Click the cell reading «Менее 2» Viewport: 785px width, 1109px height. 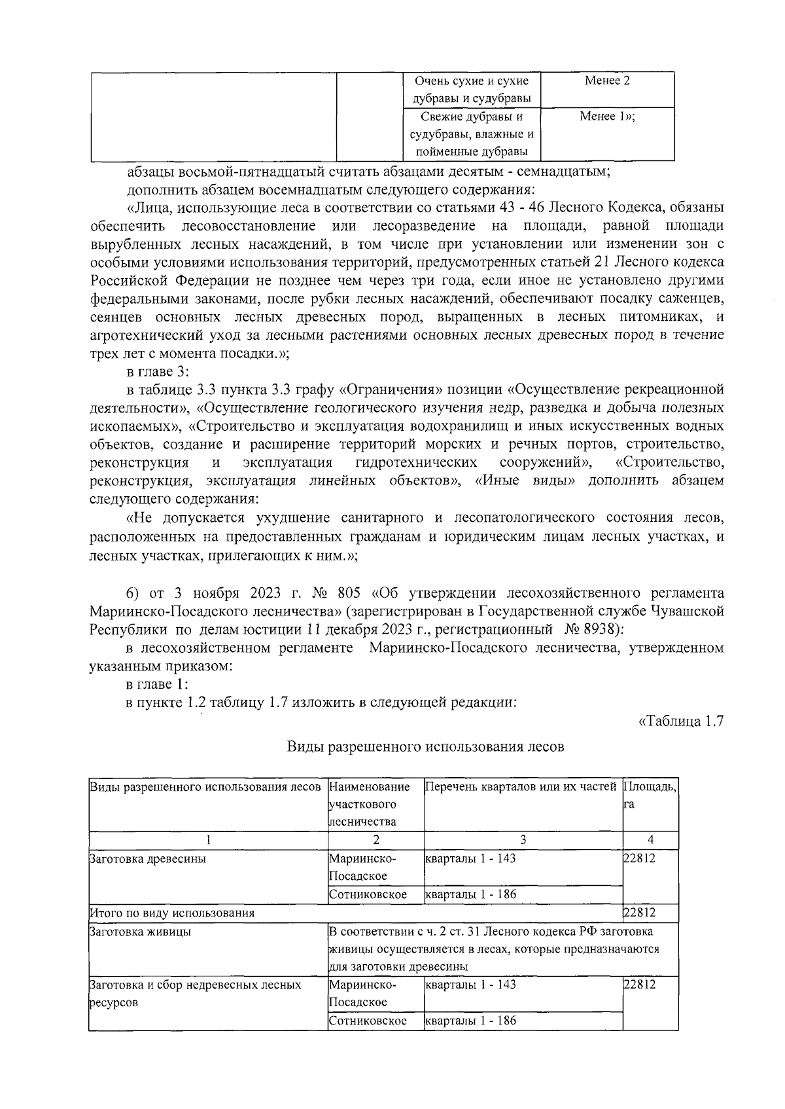(x=608, y=81)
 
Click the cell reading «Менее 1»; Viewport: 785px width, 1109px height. (x=608, y=117)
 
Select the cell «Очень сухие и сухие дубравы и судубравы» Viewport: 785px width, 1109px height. (x=471, y=90)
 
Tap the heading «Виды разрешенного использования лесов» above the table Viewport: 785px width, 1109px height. (x=425, y=747)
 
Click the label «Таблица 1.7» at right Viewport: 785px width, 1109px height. (x=680, y=721)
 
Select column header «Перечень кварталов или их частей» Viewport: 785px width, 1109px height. (x=521, y=786)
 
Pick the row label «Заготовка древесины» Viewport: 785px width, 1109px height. (x=147, y=858)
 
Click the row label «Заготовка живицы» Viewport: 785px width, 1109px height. (x=140, y=932)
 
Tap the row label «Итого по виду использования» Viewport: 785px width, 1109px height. (x=171, y=913)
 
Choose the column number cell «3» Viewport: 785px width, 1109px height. (x=523, y=839)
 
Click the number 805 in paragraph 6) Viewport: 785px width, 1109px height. (x=352, y=594)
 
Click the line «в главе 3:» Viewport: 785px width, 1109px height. (x=158, y=372)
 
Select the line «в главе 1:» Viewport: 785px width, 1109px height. (x=158, y=684)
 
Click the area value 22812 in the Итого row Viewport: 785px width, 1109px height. (x=639, y=913)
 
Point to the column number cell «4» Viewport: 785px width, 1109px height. (x=650, y=839)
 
